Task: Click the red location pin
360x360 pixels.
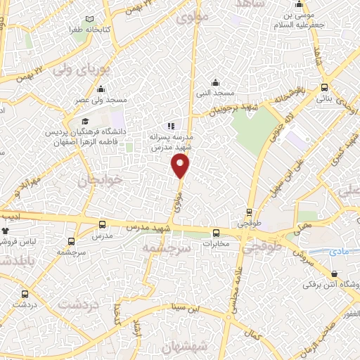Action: pos(181,166)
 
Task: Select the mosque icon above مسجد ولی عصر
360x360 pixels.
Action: pos(101,89)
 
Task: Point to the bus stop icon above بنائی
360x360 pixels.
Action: pos(323,88)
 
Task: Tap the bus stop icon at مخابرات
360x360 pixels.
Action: pos(217,233)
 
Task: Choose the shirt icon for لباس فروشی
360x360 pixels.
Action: pos(6,231)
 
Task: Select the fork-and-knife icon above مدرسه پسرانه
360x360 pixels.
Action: pos(171,127)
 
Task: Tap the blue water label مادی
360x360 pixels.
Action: pos(343,250)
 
